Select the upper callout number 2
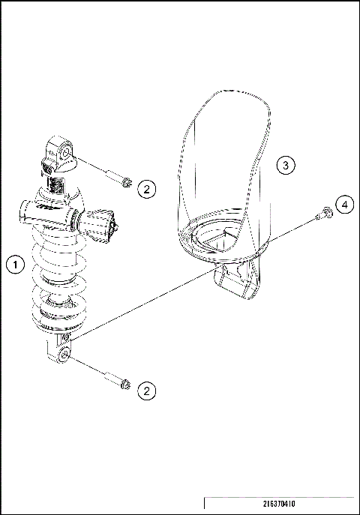coord(147,189)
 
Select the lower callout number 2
coord(147,390)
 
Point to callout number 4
coord(343,205)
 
